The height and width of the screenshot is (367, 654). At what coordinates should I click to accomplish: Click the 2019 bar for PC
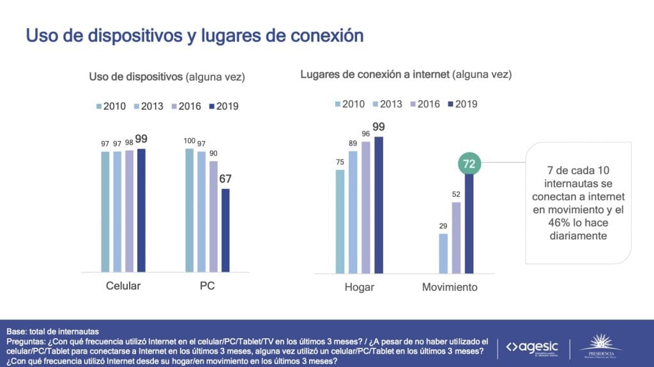[x=225, y=230]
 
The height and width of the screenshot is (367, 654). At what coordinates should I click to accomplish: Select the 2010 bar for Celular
[x=105, y=211]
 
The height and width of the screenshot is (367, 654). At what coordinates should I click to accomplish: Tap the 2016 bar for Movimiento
[x=457, y=237]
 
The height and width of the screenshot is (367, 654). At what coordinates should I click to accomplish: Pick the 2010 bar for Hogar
[x=340, y=220]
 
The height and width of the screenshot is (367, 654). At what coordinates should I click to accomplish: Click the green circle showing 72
[x=469, y=164]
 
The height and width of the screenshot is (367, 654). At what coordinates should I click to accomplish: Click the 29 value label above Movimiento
[x=443, y=225]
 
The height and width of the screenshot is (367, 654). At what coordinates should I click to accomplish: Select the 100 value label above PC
[x=189, y=140]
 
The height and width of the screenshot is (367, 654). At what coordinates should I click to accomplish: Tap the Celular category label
[x=123, y=286]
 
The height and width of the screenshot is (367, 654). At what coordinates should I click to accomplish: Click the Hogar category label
[x=359, y=287]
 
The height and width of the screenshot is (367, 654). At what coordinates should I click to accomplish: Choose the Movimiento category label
[x=450, y=287]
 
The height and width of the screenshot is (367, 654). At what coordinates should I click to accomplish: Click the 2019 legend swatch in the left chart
[x=212, y=106]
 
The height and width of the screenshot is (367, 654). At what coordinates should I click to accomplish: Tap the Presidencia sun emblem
[x=600, y=342]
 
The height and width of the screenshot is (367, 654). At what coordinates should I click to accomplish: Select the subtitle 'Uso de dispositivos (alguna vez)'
[x=167, y=77]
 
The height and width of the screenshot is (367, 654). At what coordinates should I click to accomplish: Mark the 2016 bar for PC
[x=213, y=216]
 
